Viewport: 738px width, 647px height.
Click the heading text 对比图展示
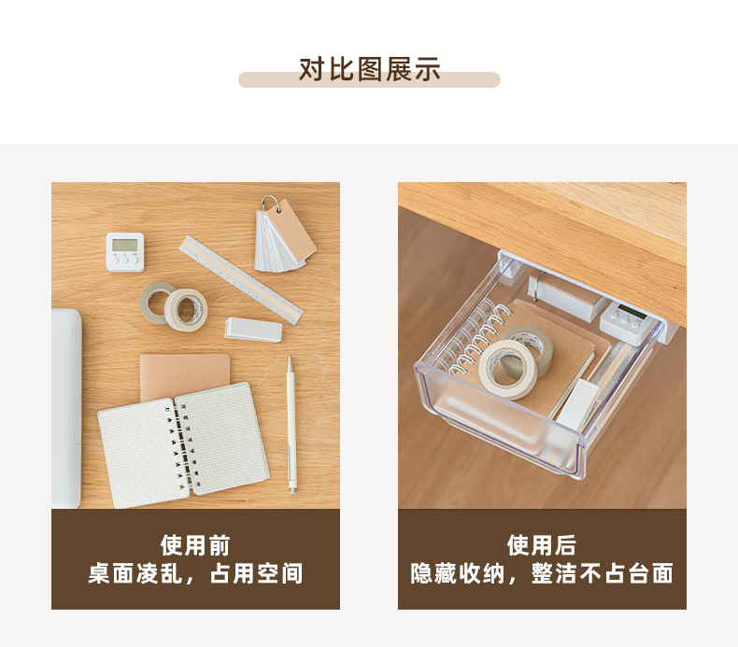point(370,70)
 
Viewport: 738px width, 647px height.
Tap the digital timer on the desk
point(125,252)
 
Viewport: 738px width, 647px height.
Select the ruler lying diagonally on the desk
point(241,280)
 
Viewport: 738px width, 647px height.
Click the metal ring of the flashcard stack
point(272,203)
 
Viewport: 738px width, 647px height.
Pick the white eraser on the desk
point(254,330)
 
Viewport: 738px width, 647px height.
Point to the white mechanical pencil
point(291,425)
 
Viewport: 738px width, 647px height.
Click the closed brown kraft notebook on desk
point(185,376)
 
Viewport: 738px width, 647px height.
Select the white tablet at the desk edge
point(66,408)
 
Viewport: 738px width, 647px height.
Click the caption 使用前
point(195,546)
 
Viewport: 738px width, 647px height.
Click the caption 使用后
point(542,546)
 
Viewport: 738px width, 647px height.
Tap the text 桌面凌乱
point(135,573)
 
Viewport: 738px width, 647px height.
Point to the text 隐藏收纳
point(458,573)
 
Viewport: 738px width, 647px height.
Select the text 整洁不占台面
point(602,573)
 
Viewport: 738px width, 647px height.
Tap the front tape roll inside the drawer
point(508,369)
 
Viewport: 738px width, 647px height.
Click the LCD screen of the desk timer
point(125,245)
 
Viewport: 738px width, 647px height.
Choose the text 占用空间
point(256,573)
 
